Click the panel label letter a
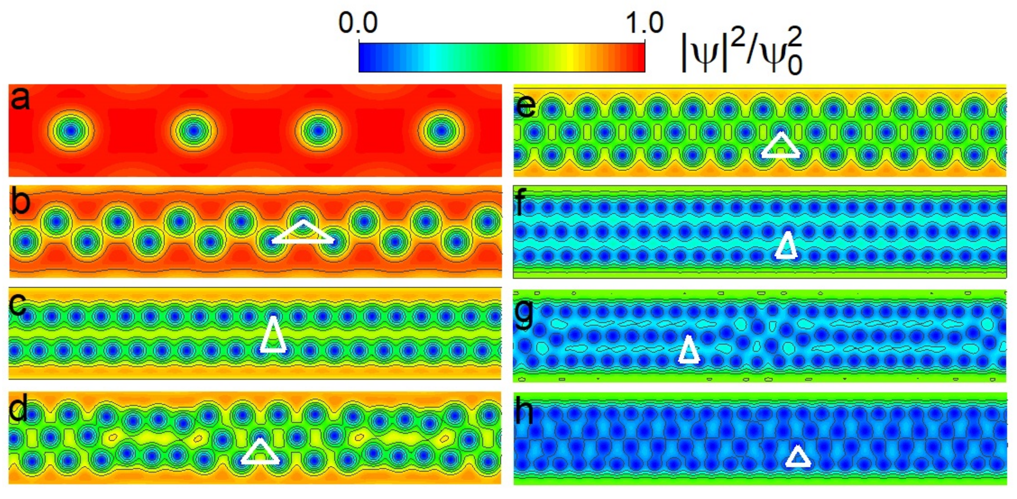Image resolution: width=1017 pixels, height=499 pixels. coord(20,98)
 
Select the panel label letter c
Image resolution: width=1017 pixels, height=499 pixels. coord(18,304)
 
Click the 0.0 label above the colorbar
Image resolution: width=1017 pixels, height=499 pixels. coord(358,23)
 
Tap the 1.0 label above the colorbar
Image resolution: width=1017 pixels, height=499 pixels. coord(644,23)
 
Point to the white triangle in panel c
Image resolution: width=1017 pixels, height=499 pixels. coord(273,337)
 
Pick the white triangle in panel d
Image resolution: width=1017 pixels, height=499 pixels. coord(260,453)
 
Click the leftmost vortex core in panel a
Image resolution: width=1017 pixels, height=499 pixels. coord(71,130)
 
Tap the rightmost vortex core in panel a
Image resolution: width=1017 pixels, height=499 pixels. coord(441,130)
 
